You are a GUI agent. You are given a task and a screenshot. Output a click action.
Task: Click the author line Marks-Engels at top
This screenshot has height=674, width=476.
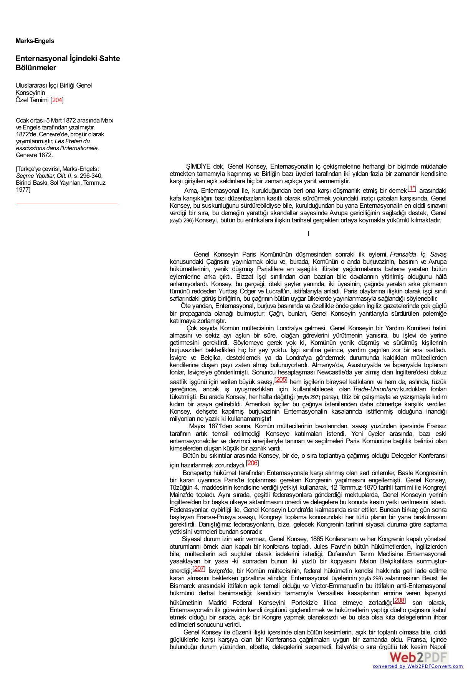tap(35, 41)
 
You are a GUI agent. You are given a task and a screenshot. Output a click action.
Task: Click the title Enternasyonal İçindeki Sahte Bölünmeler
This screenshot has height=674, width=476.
tap(68, 63)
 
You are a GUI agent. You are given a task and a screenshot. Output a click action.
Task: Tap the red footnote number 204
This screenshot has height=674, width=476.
tap(57, 100)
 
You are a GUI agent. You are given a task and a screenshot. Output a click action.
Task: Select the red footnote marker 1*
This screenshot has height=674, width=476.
tap(412, 189)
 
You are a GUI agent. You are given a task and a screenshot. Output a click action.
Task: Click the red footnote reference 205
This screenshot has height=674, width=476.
tap(281, 379)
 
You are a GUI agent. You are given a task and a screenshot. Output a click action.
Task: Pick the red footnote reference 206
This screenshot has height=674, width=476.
tap(252, 463)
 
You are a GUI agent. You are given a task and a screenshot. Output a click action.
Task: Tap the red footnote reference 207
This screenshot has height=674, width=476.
tap(198, 569)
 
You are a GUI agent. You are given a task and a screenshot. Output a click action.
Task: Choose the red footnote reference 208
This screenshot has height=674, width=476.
tap(399, 600)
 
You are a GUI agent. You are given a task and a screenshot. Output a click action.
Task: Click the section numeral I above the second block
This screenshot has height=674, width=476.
tap(308, 233)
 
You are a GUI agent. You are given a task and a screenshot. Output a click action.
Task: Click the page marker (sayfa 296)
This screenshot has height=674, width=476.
tap(182, 221)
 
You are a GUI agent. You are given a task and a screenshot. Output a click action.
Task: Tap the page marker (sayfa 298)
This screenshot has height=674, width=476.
tap(370, 578)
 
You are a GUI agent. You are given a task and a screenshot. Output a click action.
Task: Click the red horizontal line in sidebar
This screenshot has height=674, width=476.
tap(66, 202)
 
